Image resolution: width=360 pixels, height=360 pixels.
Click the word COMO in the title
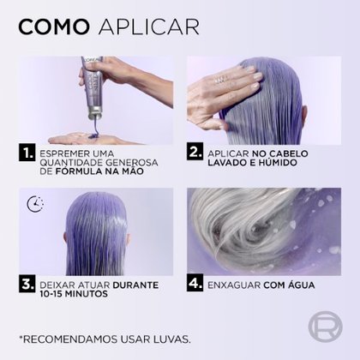point(54,27)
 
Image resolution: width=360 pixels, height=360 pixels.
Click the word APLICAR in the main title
point(148,27)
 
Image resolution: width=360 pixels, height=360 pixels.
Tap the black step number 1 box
point(27,153)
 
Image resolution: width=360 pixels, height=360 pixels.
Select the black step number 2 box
point(195,152)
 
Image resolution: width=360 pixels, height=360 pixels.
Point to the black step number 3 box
point(27,284)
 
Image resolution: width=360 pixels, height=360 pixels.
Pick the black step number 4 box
point(195,283)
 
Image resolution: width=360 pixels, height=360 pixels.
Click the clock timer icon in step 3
point(35,204)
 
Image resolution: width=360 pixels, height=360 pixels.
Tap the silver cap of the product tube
point(95,112)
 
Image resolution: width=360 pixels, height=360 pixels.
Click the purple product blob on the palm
point(93,135)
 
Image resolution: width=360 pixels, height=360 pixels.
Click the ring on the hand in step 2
point(221,80)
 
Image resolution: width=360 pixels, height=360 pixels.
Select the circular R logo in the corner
point(325,327)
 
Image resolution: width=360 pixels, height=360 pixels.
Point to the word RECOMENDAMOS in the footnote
point(70,339)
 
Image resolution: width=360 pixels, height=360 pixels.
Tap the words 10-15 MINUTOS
point(74,294)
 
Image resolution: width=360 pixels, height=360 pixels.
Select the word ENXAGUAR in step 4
point(234,285)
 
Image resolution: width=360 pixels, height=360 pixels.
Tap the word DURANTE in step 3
point(135,285)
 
